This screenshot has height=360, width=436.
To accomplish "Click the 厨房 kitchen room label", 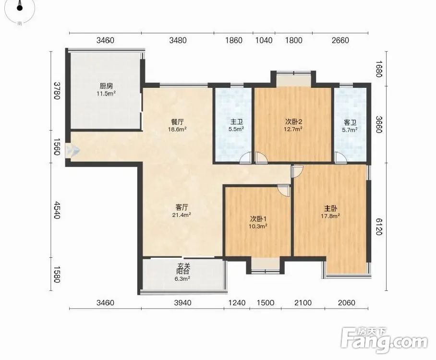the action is coord(106,86).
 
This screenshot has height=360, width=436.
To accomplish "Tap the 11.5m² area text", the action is coord(106,94).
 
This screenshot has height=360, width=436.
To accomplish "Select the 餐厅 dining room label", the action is coord(177,122).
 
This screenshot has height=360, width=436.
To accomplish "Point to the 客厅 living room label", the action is coord(182,207).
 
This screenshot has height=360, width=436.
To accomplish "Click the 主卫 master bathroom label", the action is coord(237,122).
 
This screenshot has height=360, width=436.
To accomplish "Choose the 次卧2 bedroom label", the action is coord(294,121).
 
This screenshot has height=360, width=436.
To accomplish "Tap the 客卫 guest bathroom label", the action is coord(350,122).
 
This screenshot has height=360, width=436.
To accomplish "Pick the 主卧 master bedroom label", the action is coord(331,208).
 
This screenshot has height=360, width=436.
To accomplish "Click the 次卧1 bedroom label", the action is coord(258,218).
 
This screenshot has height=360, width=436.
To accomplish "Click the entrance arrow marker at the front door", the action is coord(73,151).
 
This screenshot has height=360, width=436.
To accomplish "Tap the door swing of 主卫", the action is coord(246,157).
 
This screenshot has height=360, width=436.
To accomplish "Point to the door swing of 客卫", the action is coord(340,157).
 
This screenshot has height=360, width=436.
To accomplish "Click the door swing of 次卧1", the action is coord(284,191).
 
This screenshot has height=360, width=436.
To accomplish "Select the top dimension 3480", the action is coord(178,40).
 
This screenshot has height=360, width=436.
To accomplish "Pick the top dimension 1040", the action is coord(264,40).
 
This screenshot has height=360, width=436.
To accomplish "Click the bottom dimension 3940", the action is coord(182,302).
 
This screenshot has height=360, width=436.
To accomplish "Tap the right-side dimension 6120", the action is coord(379,226).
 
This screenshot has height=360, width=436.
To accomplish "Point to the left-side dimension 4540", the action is coord(57,210).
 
